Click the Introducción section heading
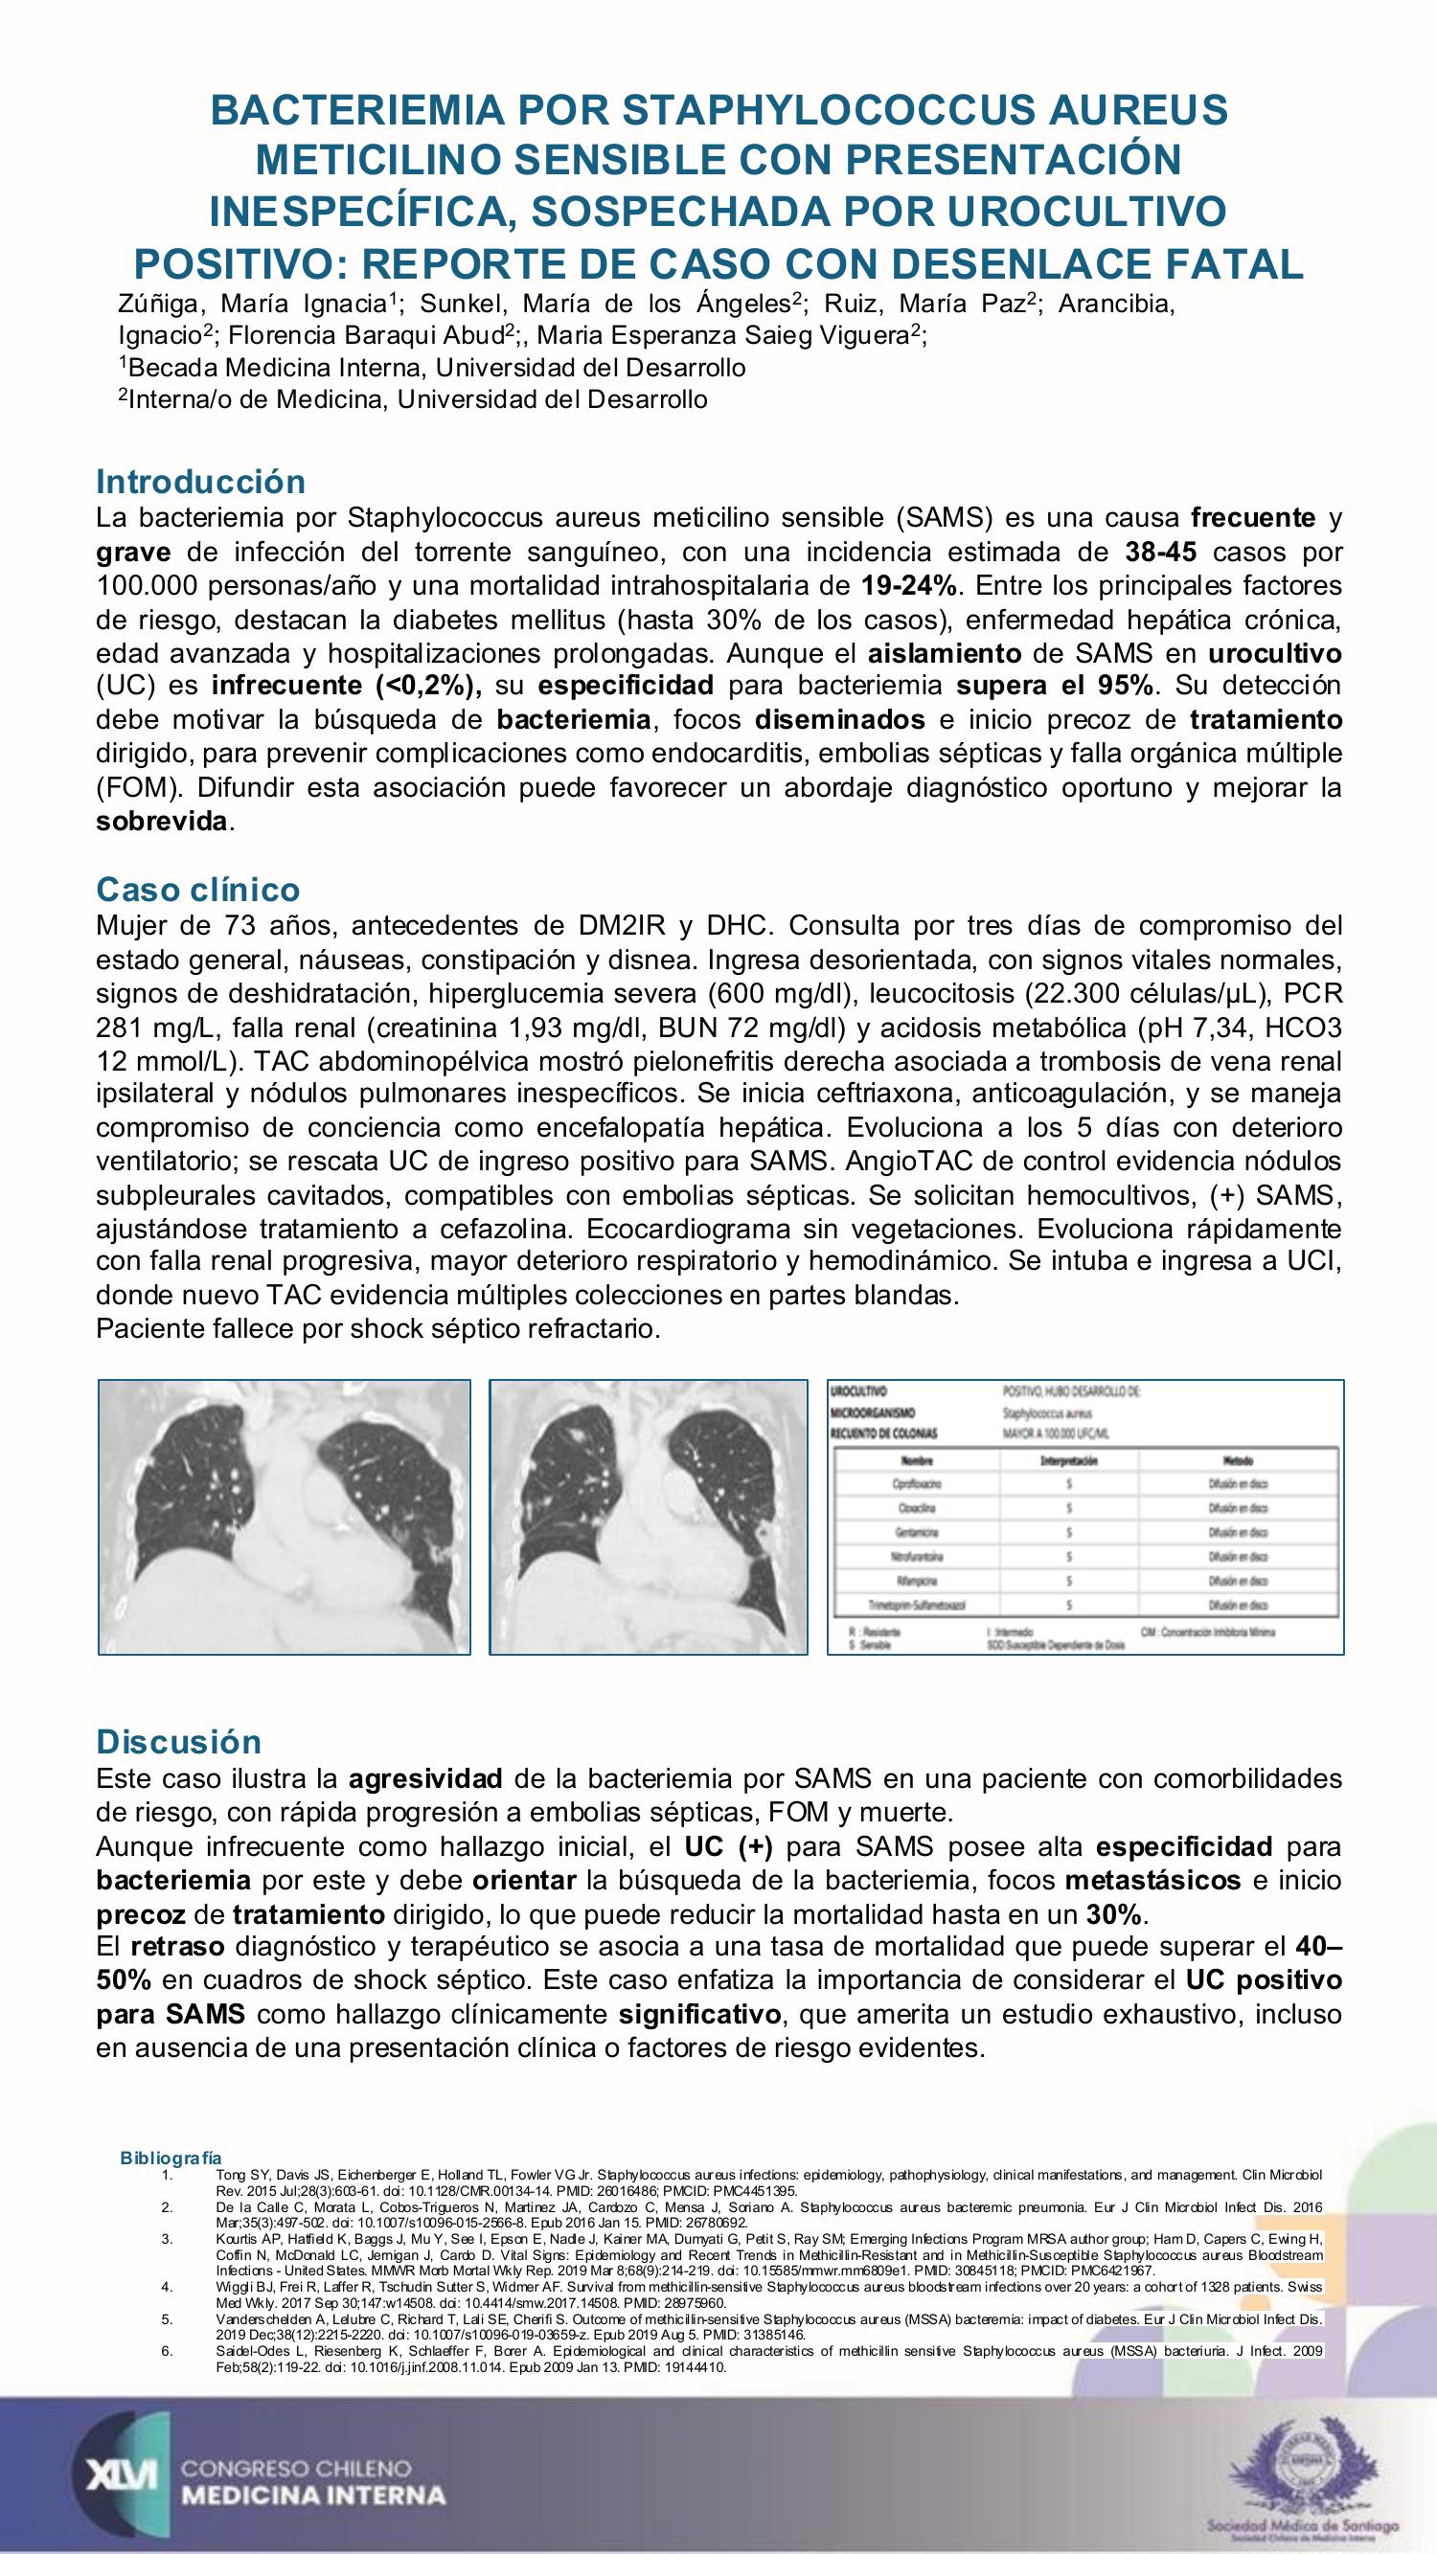[x=200, y=482]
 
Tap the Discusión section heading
[x=178, y=1741]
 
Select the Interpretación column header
[x=1067, y=1461]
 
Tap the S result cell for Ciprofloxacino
[x=1067, y=1484]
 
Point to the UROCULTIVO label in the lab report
[x=858, y=1392]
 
